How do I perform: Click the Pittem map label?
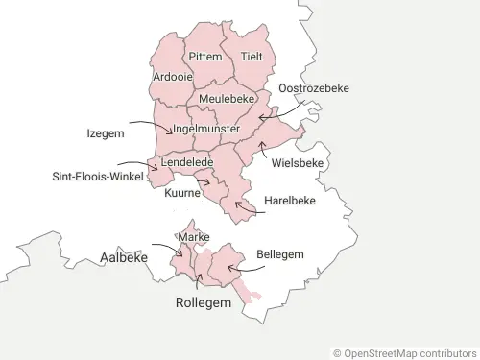pos(204,57)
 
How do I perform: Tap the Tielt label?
pos(252,57)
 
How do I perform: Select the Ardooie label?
pos(171,76)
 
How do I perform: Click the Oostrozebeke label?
pos(313,88)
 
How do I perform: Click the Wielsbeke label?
pos(298,163)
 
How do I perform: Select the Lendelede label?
pos(187,163)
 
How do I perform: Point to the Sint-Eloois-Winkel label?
pos(98,177)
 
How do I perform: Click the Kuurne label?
pos(182,193)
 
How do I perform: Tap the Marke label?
pos(194,236)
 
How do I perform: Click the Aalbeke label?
pos(124,257)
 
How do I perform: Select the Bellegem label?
pos(280,254)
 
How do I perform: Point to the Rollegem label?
pos(204,302)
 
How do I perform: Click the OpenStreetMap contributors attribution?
pos(404,353)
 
